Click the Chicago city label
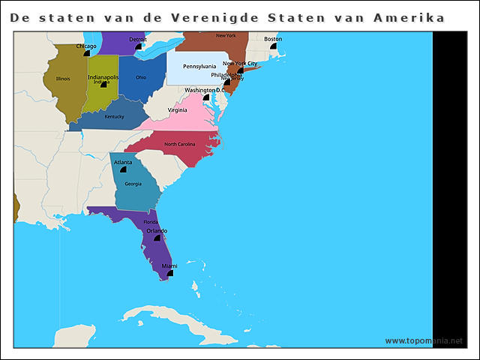tap(85, 46)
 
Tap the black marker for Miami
tap(170, 274)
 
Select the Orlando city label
tap(156, 231)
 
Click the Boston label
tap(273, 39)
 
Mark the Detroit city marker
tap(138, 46)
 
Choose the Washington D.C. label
tap(205, 90)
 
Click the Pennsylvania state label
tap(199, 67)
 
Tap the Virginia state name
tap(178, 110)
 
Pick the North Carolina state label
tap(180, 144)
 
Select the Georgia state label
tap(133, 184)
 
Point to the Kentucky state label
tap(114, 116)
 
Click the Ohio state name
tap(141, 77)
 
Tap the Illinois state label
tap(63, 78)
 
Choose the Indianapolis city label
tap(103, 76)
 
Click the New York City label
tap(240, 64)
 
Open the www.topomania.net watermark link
tap(424, 340)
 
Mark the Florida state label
tap(151, 222)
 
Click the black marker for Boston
tap(273, 46)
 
